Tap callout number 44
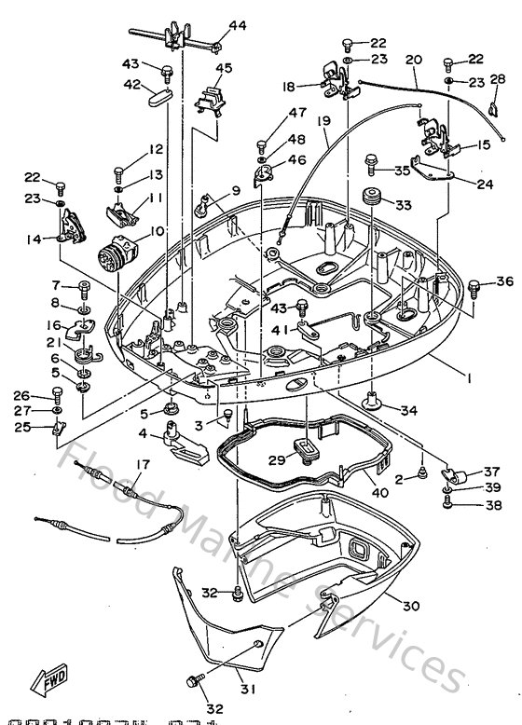point(237,26)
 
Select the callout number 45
point(223,67)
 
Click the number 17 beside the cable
point(143,465)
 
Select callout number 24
point(484,185)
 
